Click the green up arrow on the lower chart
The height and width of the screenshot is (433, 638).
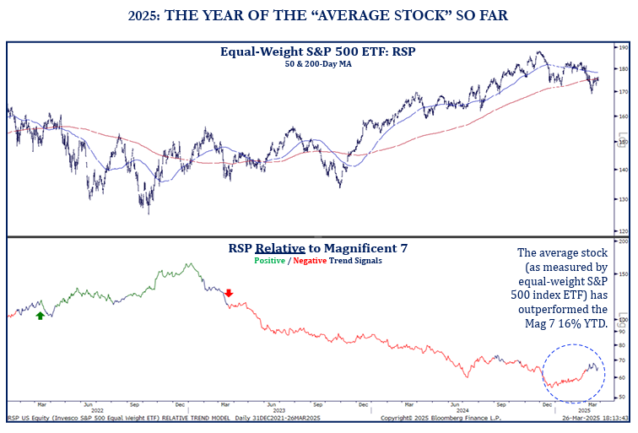[x=40, y=316]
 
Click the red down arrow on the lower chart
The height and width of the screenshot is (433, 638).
[x=228, y=293]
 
